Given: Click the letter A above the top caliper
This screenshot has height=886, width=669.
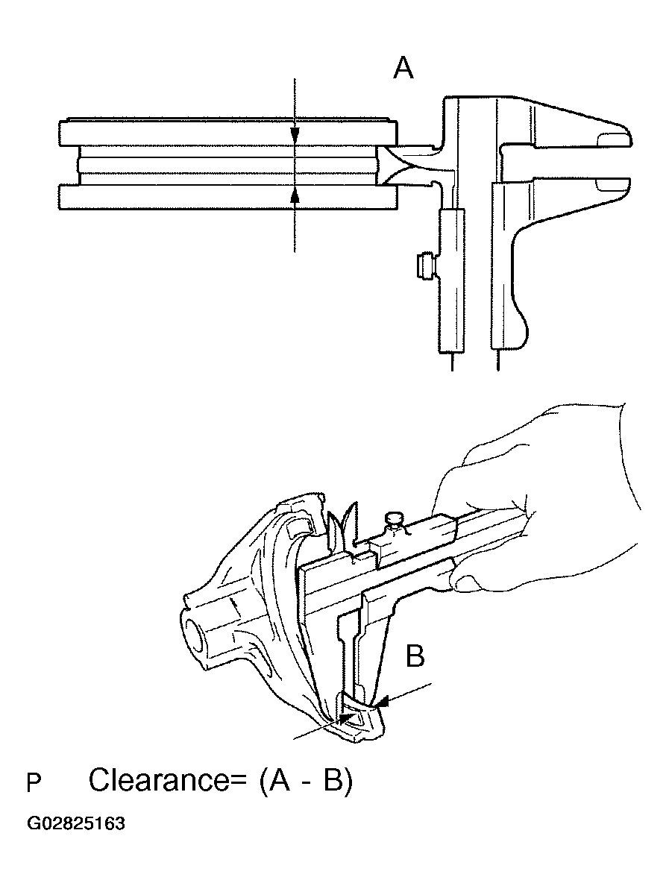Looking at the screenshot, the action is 403,69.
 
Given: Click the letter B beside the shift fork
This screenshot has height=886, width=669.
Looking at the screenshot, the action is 415,656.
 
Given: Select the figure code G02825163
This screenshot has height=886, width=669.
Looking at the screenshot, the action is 76,823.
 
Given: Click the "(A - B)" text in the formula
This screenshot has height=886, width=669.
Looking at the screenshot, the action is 306,781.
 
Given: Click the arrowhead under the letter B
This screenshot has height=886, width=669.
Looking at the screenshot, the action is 381,703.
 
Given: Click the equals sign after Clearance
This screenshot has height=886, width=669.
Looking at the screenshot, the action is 238,781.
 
